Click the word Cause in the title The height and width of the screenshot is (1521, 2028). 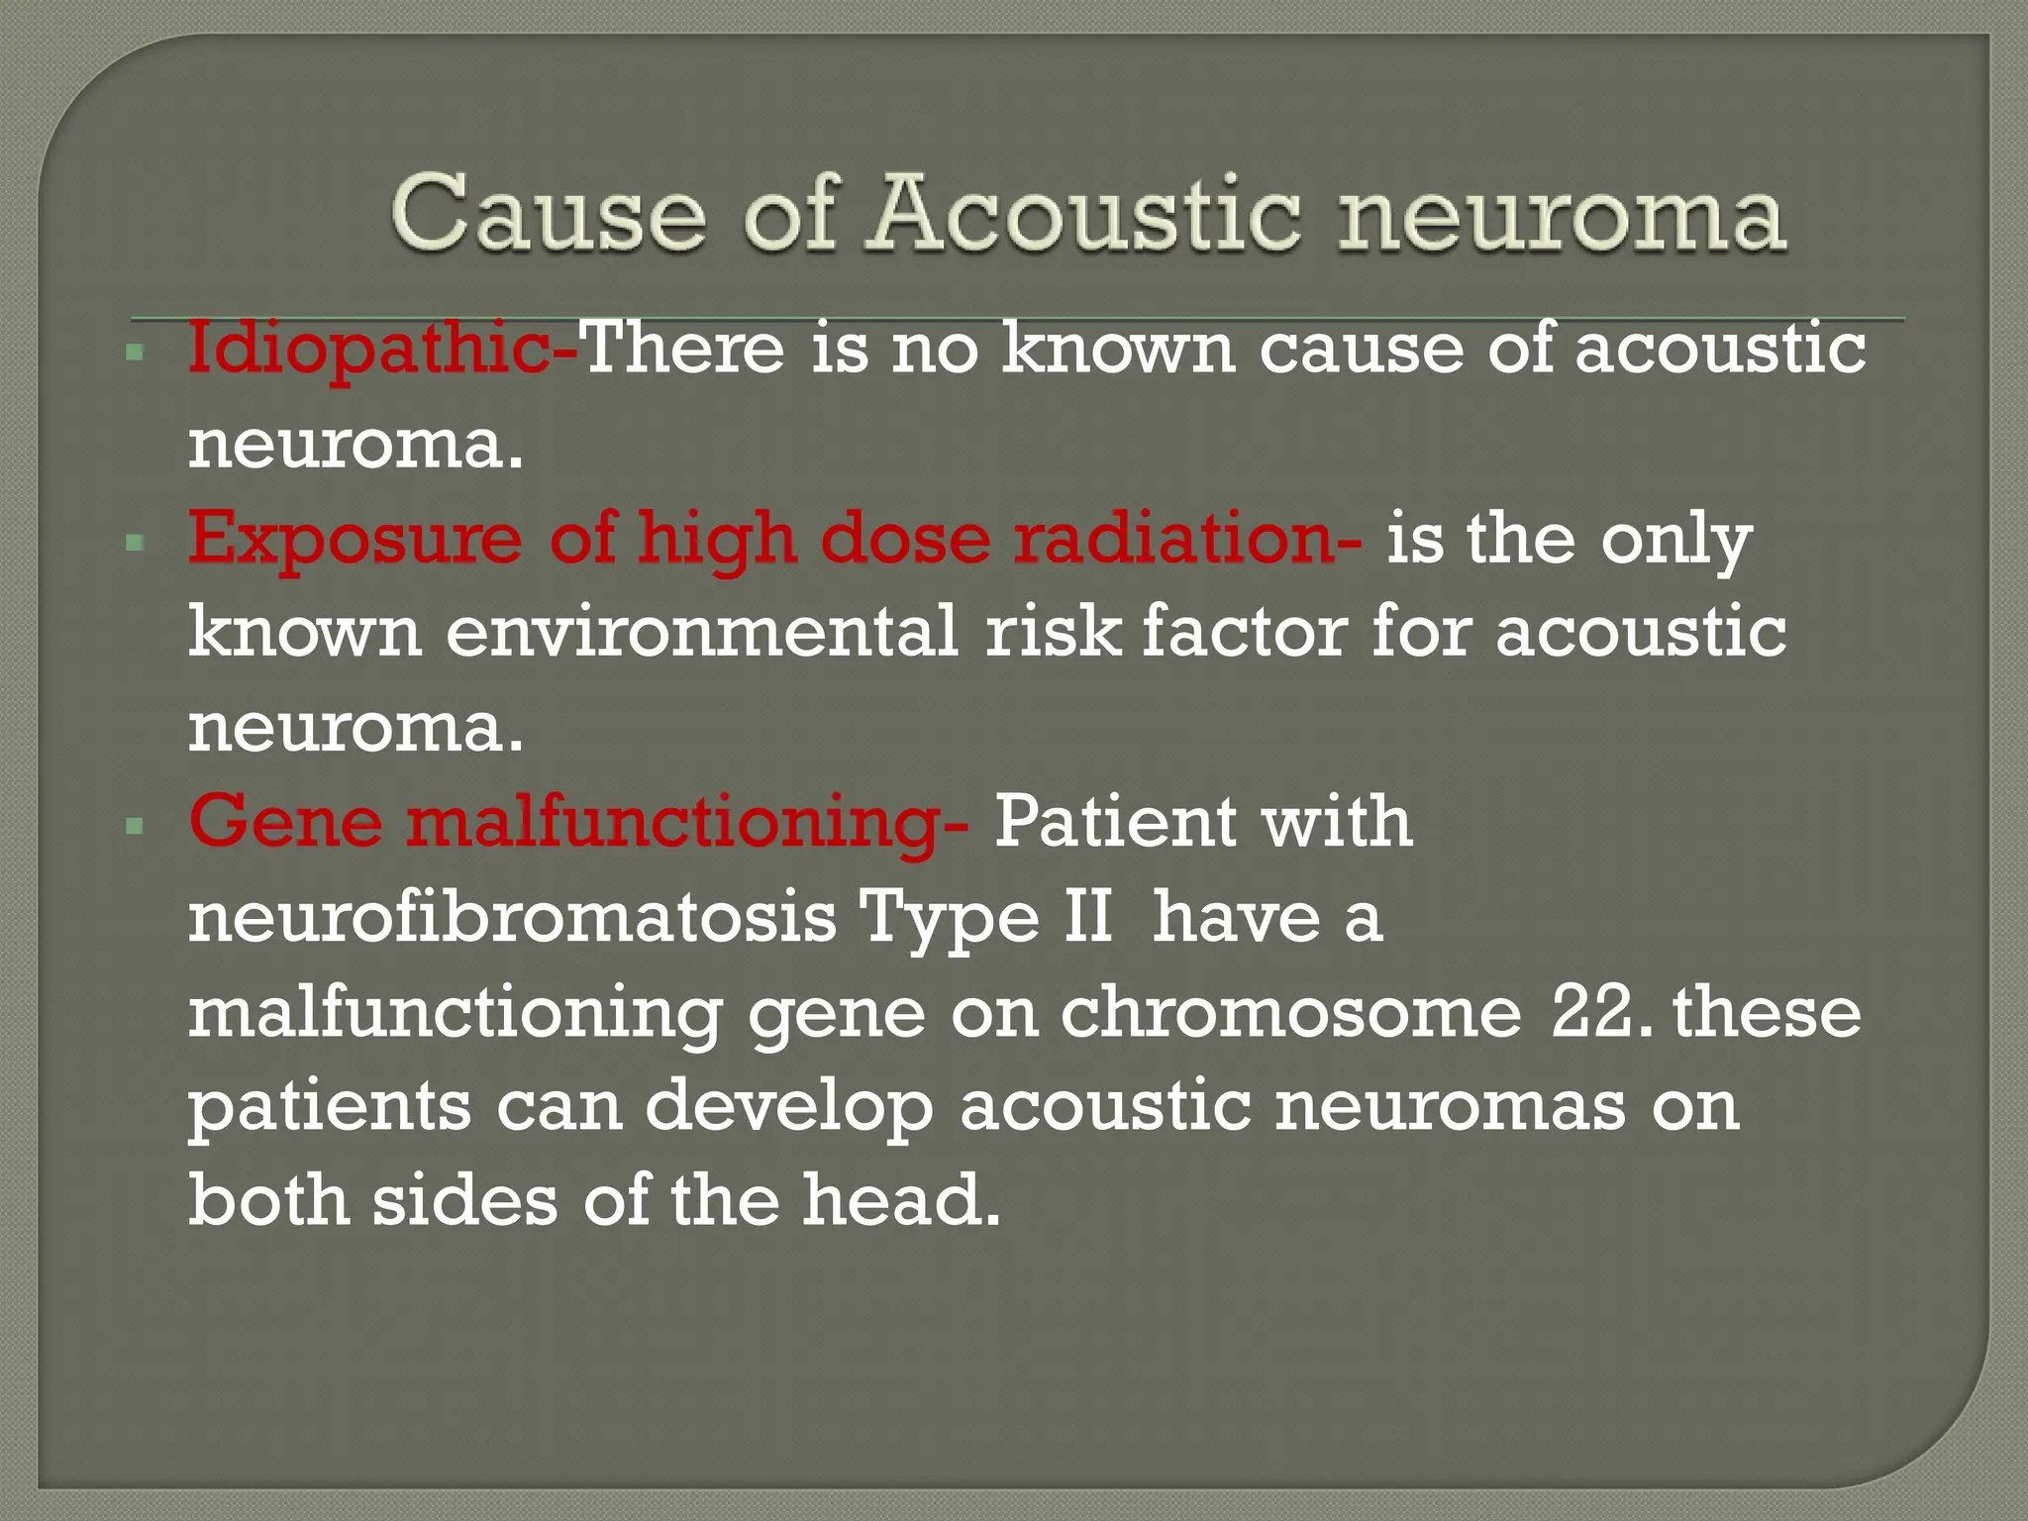coord(548,212)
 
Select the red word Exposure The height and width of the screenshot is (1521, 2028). coord(355,540)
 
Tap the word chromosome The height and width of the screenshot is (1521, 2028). coord(1290,1012)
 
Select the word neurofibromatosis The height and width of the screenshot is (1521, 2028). coord(513,917)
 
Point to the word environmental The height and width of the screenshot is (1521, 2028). coord(701,632)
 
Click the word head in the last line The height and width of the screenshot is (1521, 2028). coord(900,1199)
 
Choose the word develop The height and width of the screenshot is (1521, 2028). coord(788,1107)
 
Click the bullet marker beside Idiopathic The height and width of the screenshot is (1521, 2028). coord(136,352)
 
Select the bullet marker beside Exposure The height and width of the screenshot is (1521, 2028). coord(136,542)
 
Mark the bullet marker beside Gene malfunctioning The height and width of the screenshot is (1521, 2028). coord(136,825)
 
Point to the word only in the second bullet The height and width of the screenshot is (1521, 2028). coord(1676,540)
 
